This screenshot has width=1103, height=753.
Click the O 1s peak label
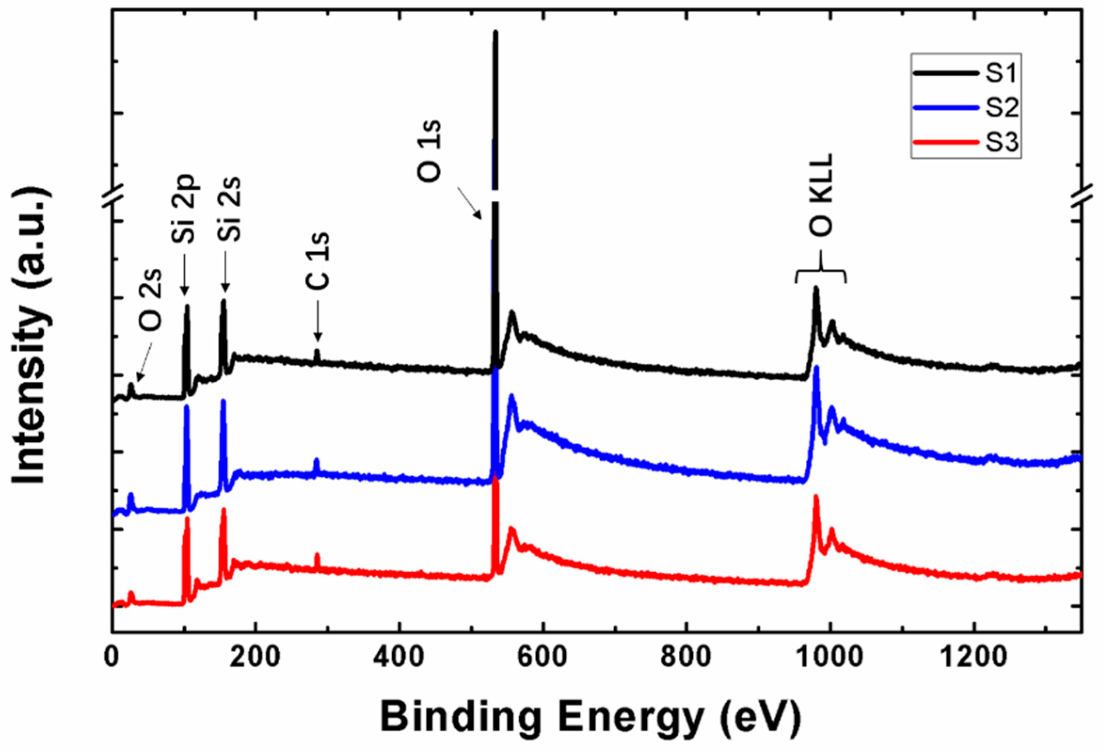click(429, 151)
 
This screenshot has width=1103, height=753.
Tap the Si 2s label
click(225, 209)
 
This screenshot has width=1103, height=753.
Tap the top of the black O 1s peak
click(495, 33)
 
